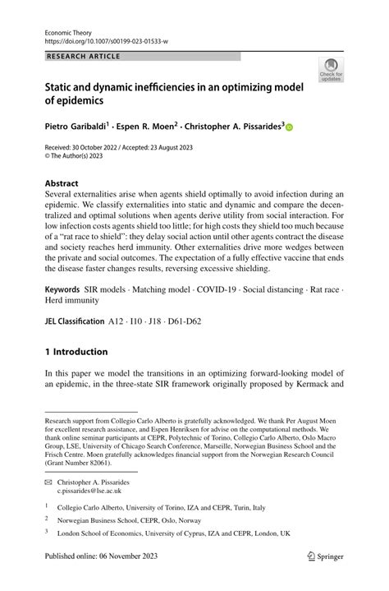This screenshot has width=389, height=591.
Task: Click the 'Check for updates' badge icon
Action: click(x=332, y=68)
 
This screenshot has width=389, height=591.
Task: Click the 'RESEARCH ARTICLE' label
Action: click(x=83, y=56)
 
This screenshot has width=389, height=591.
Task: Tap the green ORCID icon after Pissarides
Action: click(x=289, y=128)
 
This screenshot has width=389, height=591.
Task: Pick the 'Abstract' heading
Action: click(x=62, y=182)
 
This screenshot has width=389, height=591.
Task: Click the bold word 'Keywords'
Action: click(x=68, y=292)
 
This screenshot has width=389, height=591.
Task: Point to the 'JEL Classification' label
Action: click(x=75, y=321)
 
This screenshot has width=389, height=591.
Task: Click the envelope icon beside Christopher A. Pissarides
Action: click(x=49, y=482)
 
